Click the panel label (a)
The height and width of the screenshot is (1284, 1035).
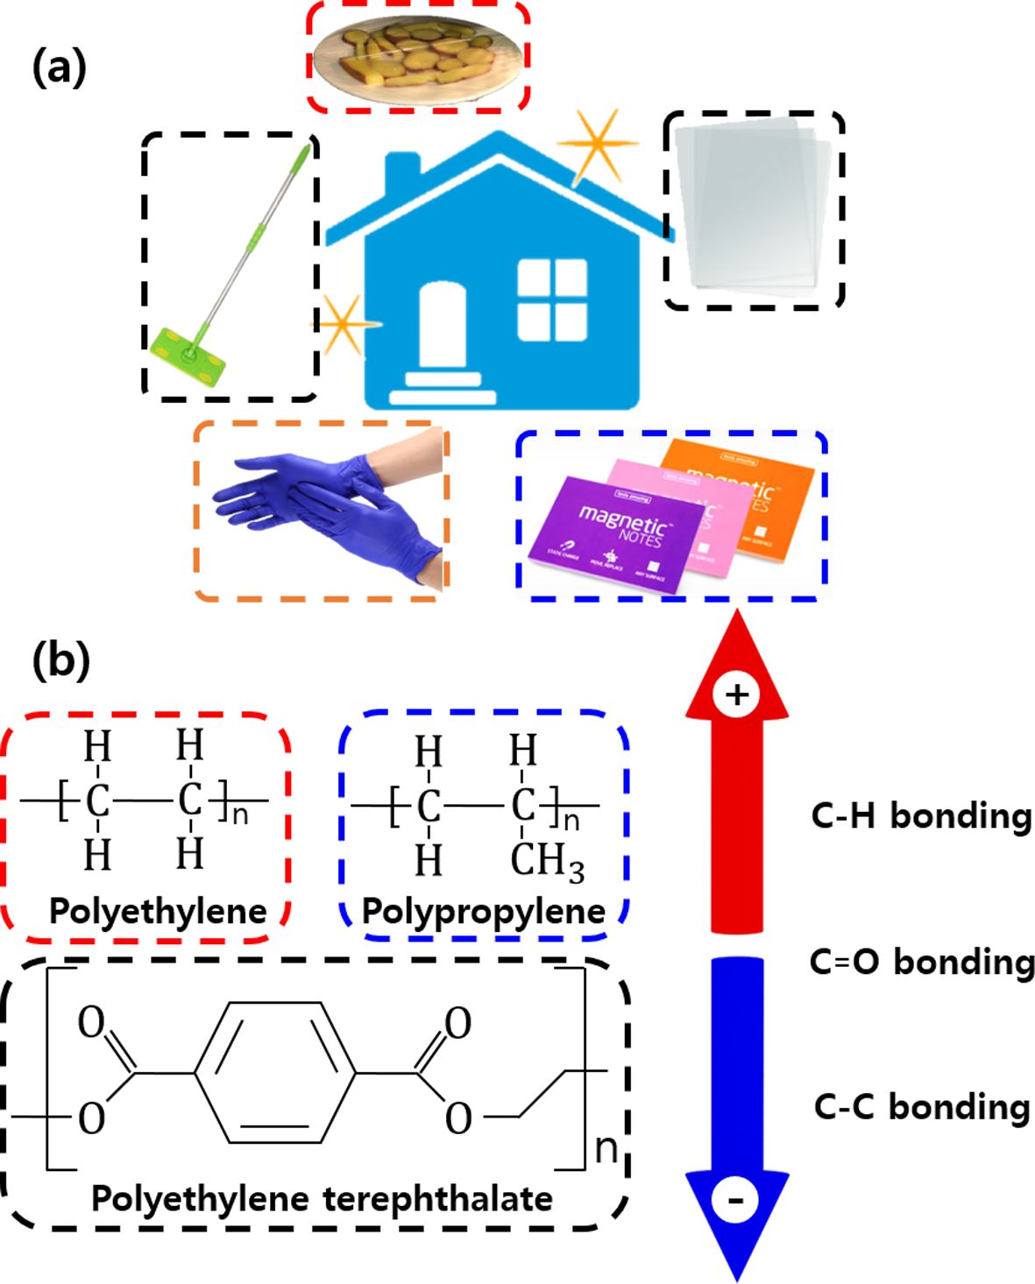point(59,67)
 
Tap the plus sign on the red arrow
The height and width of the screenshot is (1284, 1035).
point(736,695)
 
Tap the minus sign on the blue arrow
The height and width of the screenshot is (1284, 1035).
point(736,1199)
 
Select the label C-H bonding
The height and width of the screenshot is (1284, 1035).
point(921,815)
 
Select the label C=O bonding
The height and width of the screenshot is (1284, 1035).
point(921,962)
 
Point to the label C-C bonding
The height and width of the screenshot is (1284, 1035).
point(921,1106)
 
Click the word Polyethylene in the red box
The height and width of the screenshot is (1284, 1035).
point(158,911)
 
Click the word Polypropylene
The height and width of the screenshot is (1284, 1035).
point(484,911)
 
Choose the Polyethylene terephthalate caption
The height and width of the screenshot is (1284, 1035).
point(322,1197)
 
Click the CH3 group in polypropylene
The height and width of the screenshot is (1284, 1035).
point(547,861)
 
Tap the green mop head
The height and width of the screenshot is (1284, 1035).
point(187,355)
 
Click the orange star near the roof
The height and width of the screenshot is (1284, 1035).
point(598,145)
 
